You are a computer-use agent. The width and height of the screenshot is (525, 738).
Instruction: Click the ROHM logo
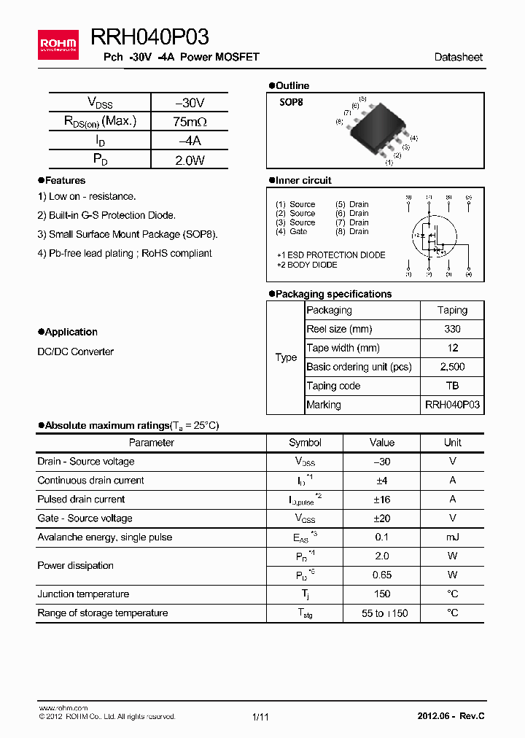[58, 44]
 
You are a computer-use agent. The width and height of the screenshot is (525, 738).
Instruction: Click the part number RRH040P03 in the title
[149, 37]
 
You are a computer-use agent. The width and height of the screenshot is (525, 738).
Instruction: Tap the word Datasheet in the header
[458, 57]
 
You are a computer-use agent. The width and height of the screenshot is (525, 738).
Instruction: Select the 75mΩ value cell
[190, 122]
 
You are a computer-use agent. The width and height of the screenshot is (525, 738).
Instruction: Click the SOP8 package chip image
[378, 129]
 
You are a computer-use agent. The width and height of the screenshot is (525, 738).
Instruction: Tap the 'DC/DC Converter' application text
[75, 351]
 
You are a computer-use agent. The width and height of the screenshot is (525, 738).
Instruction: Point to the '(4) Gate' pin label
[292, 231]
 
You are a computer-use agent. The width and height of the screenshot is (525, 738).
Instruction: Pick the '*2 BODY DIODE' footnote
[306, 265]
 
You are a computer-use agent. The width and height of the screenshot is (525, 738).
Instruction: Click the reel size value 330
[452, 329]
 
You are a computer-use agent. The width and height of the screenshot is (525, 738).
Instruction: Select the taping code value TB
[452, 386]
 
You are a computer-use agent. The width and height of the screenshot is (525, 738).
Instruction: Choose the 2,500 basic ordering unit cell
[452, 367]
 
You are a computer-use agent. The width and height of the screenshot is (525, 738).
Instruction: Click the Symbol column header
[305, 442]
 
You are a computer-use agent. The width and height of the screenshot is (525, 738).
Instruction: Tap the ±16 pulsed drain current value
[381, 499]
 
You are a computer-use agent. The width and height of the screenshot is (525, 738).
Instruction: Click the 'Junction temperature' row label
[83, 594]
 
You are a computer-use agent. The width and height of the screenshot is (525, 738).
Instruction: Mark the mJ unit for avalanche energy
[452, 537]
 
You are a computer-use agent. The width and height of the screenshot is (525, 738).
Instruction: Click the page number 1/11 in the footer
[260, 717]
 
